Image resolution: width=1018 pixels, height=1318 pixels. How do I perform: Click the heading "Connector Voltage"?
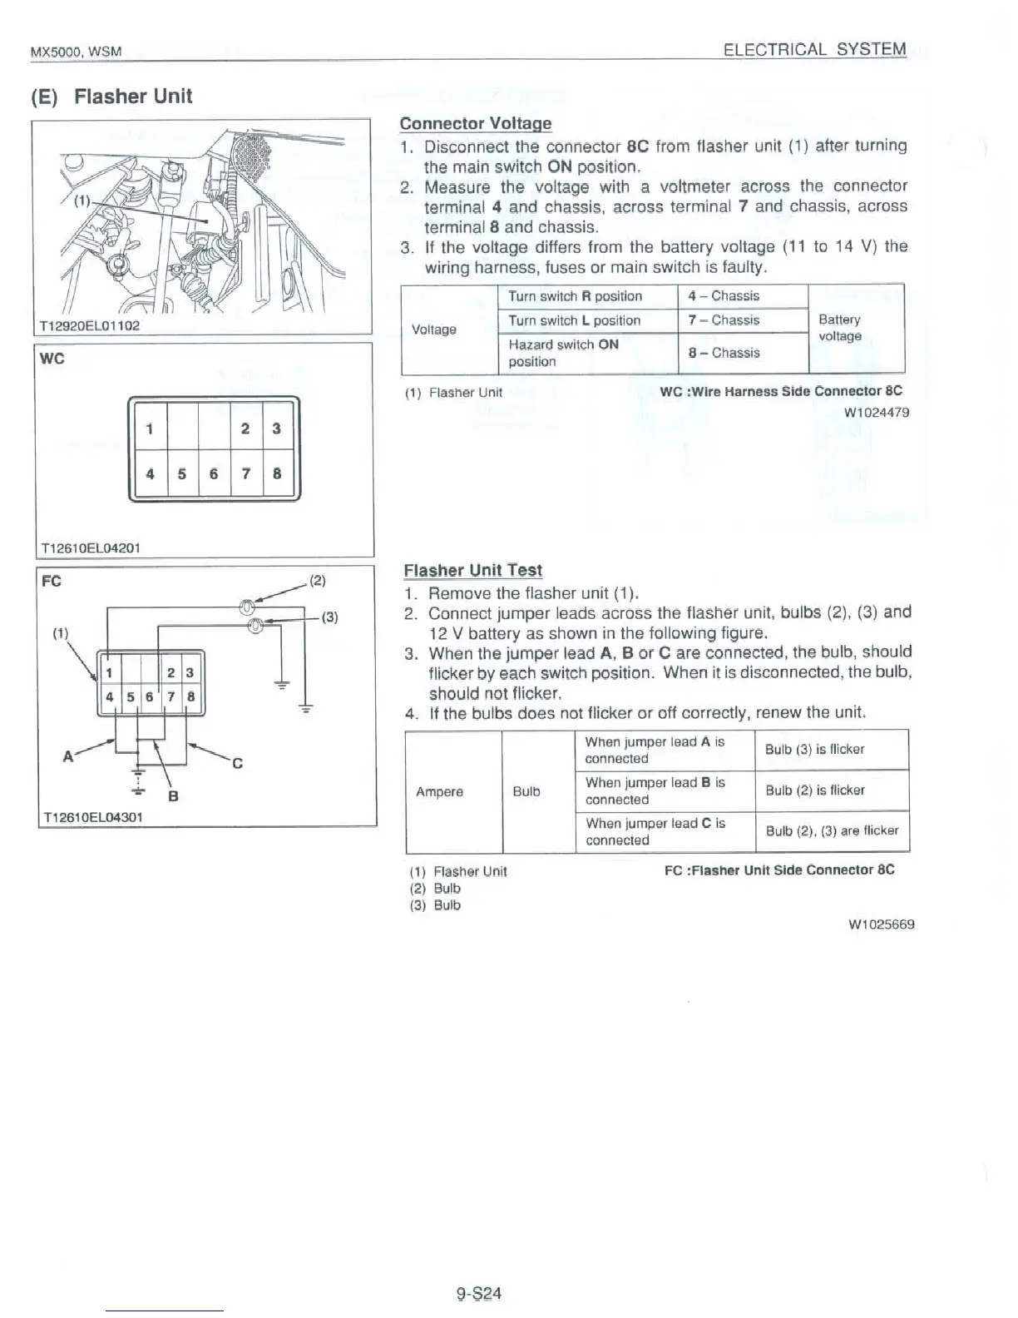(475, 123)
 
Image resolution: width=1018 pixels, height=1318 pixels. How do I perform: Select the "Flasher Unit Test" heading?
(472, 570)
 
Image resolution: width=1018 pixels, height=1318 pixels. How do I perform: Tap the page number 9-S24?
(478, 1293)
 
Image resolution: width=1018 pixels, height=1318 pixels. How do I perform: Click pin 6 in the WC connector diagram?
(214, 473)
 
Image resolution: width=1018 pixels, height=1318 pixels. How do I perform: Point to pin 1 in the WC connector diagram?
(150, 429)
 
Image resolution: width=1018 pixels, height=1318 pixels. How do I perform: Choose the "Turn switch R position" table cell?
(575, 296)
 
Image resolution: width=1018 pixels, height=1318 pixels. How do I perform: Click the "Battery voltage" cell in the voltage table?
(839, 328)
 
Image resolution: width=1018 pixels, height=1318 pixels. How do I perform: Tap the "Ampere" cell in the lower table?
(439, 791)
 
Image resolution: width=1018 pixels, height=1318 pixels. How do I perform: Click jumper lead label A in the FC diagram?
(68, 756)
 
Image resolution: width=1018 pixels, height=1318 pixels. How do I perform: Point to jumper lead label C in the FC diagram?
(237, 763)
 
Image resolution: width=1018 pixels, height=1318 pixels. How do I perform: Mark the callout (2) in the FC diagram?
(317, 581)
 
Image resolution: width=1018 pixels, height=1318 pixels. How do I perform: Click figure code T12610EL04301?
(91, 817)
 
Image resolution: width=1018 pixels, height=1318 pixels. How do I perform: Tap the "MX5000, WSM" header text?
(76, 52)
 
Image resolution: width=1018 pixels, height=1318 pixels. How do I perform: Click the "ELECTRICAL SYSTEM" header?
(814, 49)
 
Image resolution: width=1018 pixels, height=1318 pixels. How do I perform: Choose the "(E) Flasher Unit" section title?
(111, 97)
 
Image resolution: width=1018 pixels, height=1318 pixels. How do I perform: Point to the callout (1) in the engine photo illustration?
(82, 200)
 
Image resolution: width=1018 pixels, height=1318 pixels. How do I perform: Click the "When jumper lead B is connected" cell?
(655, 790)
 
